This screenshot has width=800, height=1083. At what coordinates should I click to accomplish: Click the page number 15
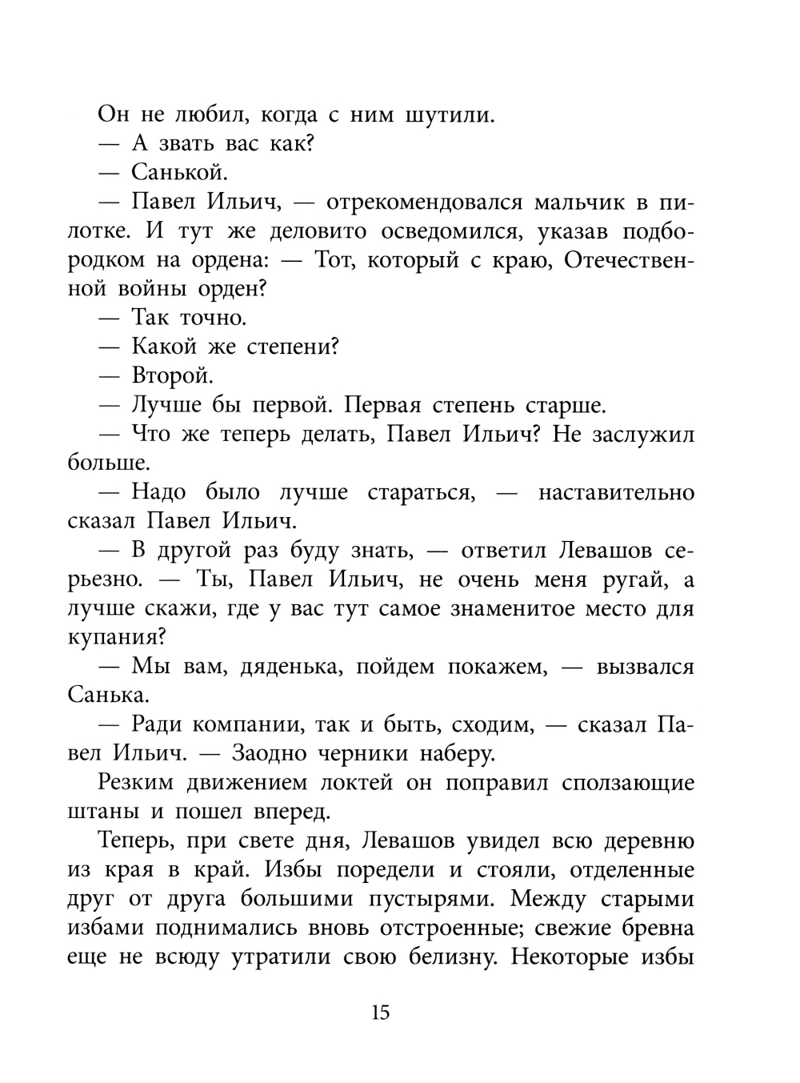(381, 1013)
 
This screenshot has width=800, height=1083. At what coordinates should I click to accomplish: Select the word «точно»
(213, 318)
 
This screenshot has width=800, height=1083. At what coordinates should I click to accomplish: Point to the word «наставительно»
(616, 492)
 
